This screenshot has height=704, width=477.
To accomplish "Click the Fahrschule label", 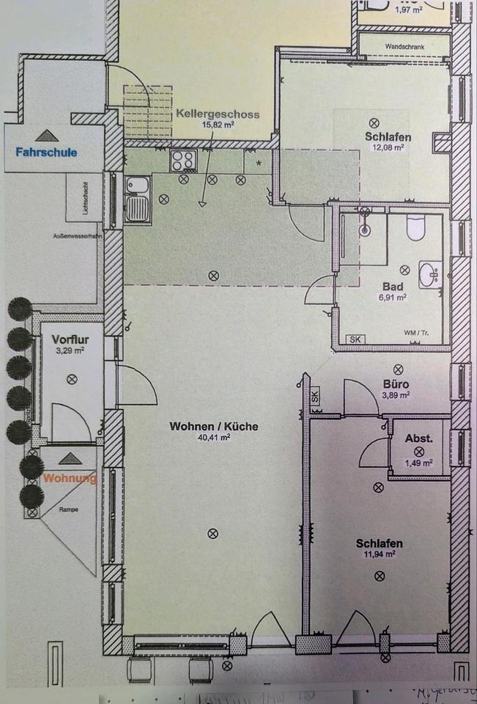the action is pos(46,153).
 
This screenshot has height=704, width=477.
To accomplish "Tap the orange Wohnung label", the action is pos(70,479).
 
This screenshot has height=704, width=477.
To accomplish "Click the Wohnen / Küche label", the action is pos(214,426).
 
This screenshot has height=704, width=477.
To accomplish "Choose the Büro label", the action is pos(396,384).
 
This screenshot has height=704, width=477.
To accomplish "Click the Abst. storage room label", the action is pos(418,439).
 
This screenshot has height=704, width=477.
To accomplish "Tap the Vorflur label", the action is pos(70,340).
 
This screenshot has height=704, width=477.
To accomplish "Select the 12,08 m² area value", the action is pos(388,147).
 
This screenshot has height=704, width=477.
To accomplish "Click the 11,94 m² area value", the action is pos(380,555).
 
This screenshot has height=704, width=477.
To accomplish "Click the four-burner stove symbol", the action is pos(182,161).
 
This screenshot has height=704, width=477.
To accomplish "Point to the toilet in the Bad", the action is pos(416,228).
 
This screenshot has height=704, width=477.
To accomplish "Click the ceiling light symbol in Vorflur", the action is pos(72,378).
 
